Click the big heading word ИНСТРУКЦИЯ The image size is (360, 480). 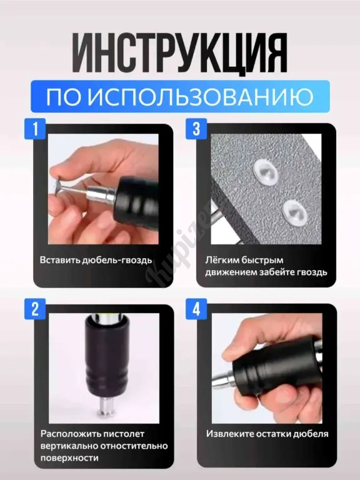180,52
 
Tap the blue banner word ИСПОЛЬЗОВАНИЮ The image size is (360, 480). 201,96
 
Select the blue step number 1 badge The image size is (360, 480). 35,129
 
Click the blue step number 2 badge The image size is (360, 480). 35,309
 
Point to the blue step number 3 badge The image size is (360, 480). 196,129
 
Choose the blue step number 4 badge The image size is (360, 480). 196,309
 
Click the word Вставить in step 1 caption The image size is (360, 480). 60,260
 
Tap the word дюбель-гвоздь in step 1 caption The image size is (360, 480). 117,260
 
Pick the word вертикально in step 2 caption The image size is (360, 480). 69,446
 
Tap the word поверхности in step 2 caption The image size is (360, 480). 70,458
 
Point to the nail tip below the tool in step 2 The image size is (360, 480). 105,407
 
